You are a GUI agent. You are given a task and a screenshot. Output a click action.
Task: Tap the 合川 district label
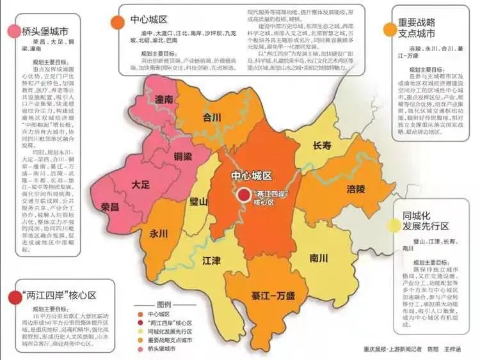(211, 118)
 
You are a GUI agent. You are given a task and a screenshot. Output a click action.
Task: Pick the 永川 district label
(159, 233)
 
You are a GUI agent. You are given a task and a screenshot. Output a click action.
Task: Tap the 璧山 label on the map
(199, 202)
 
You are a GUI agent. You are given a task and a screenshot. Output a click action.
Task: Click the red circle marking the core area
(244, 196)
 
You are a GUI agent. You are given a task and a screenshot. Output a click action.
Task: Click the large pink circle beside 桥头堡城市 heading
(13, 32)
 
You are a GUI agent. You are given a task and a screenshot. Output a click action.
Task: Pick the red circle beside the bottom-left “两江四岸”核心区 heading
(13, 295)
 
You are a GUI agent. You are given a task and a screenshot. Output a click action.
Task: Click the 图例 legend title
(165, 304)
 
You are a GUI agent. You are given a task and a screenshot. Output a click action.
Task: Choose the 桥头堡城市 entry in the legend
(160, 350)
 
